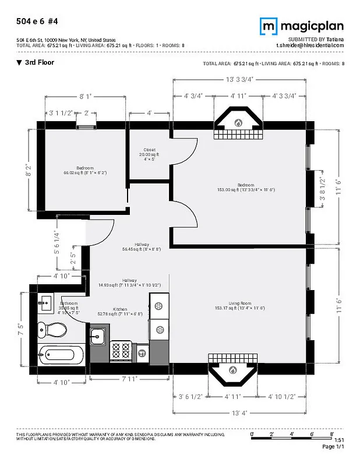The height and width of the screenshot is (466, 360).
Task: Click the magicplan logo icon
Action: point(269,26)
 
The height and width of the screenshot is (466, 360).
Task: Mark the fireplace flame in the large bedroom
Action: point(238,123)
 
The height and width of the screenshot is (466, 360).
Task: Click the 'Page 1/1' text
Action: point(334,446)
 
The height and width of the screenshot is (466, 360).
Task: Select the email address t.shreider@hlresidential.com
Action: point(310,45)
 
